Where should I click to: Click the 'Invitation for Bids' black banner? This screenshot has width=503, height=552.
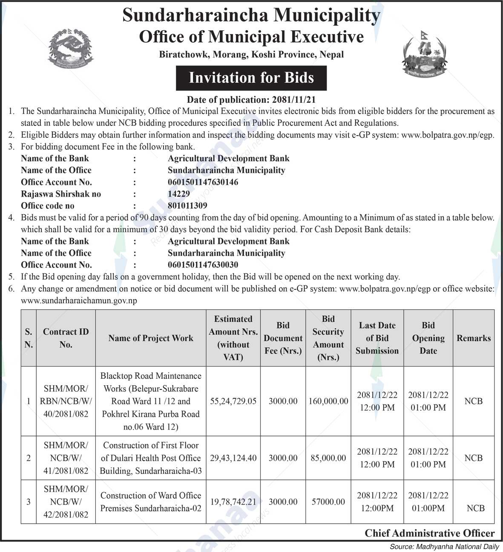251,78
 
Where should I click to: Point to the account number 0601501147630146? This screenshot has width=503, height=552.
203,182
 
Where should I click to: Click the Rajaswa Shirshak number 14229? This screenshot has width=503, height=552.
178,194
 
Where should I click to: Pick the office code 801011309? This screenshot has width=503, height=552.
187,206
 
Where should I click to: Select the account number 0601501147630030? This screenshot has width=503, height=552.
203,265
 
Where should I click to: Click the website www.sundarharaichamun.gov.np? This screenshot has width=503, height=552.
79,300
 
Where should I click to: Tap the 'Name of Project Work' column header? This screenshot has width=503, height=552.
151,338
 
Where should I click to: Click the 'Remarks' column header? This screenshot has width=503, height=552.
474,338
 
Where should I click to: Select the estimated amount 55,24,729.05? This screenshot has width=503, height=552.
233,401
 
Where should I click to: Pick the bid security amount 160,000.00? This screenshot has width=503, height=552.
328,401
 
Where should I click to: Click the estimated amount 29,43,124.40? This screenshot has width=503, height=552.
233,458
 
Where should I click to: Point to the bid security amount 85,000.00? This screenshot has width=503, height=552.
328,458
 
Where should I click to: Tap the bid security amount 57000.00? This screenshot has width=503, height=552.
328,502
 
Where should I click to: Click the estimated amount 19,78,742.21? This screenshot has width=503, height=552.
233,502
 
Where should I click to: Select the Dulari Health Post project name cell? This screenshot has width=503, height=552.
151,458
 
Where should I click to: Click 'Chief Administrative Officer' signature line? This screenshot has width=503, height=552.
430,533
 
